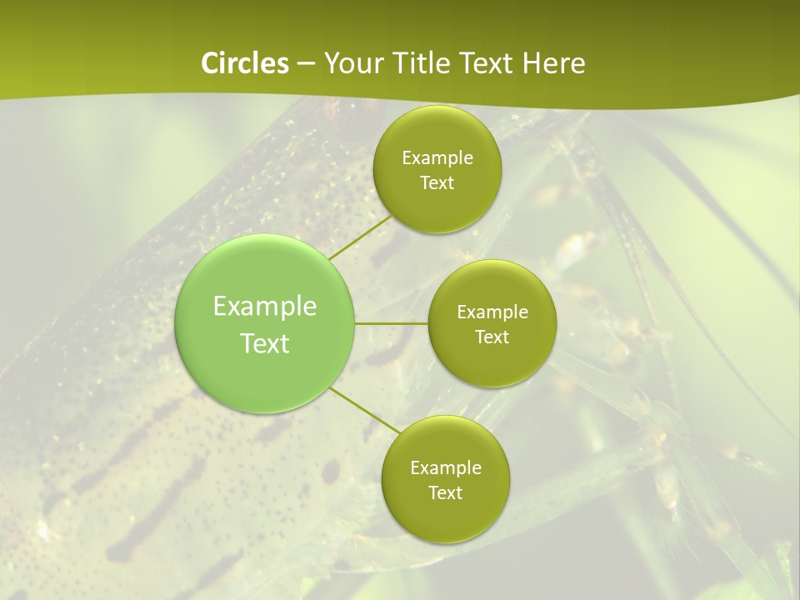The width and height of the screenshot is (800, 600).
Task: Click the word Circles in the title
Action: (245, 63)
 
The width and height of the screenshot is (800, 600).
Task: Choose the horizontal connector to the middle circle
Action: (392, 323)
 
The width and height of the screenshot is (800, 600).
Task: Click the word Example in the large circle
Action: (265, 307)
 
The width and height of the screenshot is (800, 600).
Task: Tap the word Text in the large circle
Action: (265, 343)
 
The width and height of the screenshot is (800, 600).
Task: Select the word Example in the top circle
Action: (437, 158)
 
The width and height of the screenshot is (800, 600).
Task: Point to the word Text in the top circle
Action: (437, 183)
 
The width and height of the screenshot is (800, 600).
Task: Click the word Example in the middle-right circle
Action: (492, 312)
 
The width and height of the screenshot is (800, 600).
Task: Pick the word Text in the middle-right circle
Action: (492, 337)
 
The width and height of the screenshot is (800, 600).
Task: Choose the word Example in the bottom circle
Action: (446, 468)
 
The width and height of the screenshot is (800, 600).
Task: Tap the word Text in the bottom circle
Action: (446, 493)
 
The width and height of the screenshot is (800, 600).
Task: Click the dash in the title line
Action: (306, 64)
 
